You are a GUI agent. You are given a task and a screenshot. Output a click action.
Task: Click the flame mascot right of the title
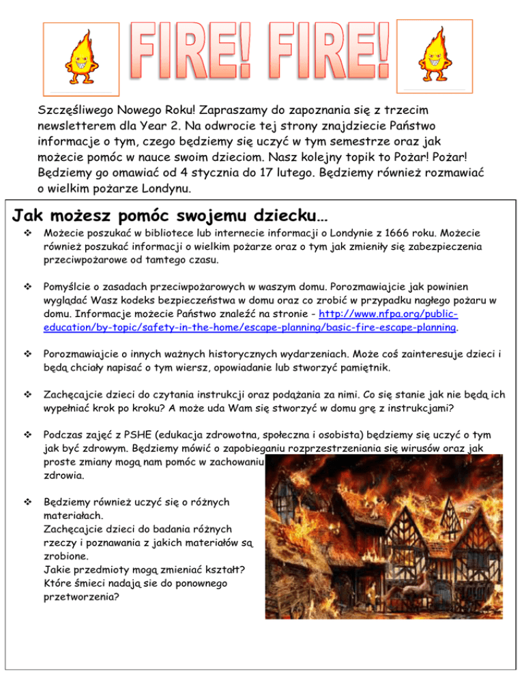coord(434,55)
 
